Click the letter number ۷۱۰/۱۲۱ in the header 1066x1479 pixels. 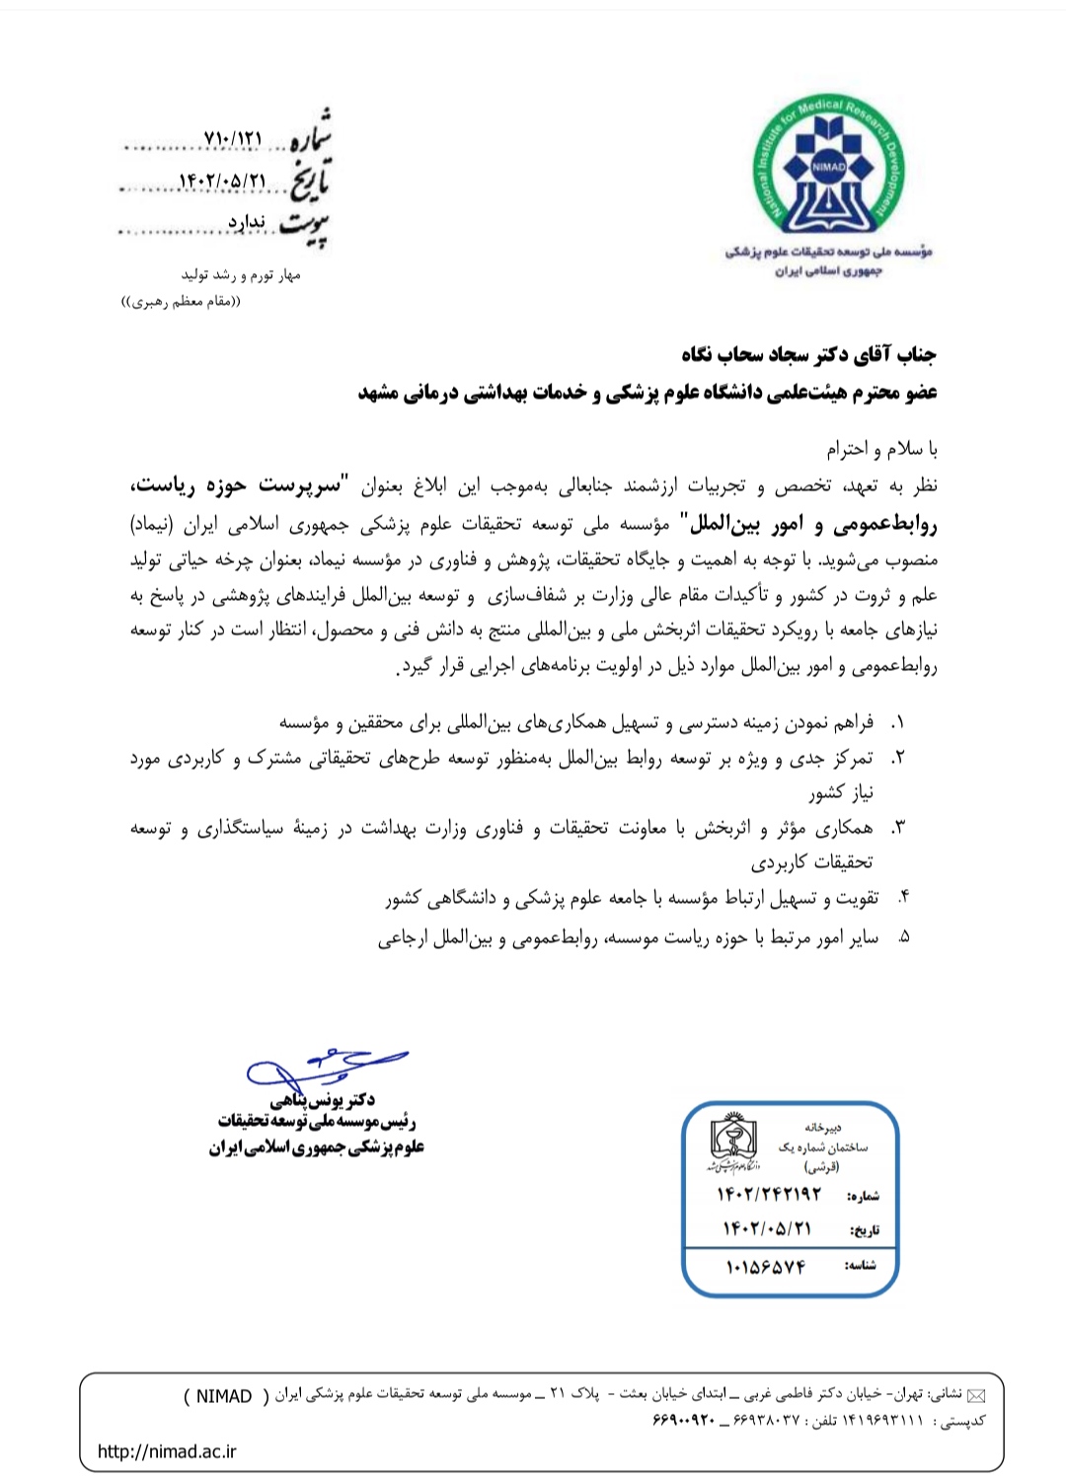click(233, 139)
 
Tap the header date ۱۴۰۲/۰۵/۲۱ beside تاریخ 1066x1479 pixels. click(222, 182)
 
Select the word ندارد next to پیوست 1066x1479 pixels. click(247, 222)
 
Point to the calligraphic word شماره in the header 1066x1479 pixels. click(309, 135)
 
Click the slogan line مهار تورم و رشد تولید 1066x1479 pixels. click(240, 275)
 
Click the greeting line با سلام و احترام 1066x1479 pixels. click(881, 450)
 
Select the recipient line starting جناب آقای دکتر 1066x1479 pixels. click(808, 354)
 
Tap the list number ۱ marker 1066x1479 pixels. click(897, 723)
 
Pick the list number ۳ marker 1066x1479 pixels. click(897, 828)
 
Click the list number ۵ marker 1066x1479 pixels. click(902, 937)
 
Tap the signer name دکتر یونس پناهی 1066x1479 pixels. click(322, 1100)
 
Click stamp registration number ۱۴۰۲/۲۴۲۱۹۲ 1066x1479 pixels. click(769, 1194)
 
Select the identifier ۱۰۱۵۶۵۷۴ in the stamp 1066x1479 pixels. click(766, 1266)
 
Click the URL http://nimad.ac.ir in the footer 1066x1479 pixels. click(167, 1450)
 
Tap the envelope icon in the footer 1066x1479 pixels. click(976, 1395)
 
